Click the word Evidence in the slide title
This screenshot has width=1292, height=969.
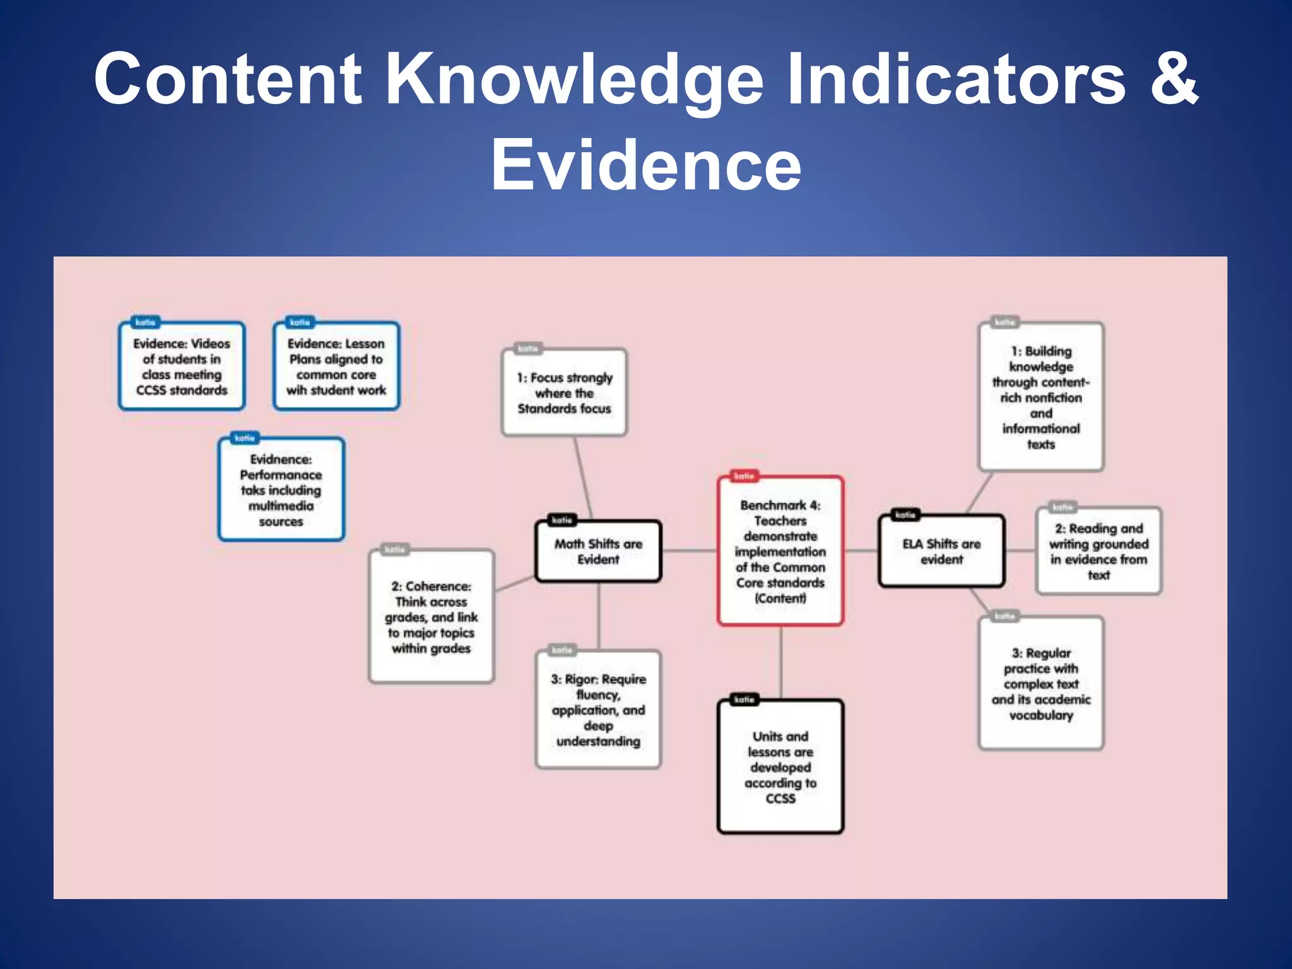pos(646,165)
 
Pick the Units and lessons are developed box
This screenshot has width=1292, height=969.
pos(780,767)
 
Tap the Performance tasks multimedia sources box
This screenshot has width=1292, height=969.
pos(281,490)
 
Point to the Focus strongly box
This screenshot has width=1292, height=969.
pos(564,393)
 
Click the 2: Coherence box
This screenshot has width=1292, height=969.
pos(432,617)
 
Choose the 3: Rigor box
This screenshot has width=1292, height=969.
pos(598,710)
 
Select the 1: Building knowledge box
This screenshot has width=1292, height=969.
pos(1041,397)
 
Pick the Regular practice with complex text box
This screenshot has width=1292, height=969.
pos(1041,684)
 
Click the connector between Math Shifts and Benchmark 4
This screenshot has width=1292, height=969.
pos(690,551)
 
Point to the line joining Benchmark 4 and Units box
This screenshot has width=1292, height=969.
pos(781,662)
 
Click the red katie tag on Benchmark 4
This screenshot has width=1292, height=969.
pos(744,476)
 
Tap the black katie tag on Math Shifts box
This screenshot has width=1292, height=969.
pos(561,520)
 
